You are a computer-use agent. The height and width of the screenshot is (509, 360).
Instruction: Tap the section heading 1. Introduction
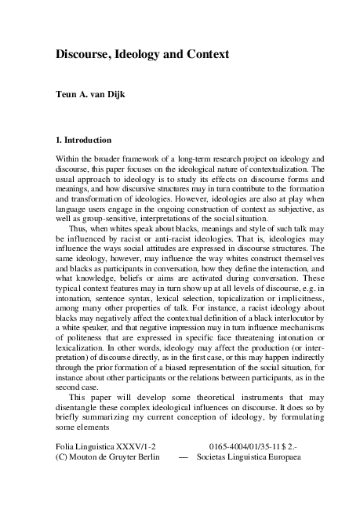83,140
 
